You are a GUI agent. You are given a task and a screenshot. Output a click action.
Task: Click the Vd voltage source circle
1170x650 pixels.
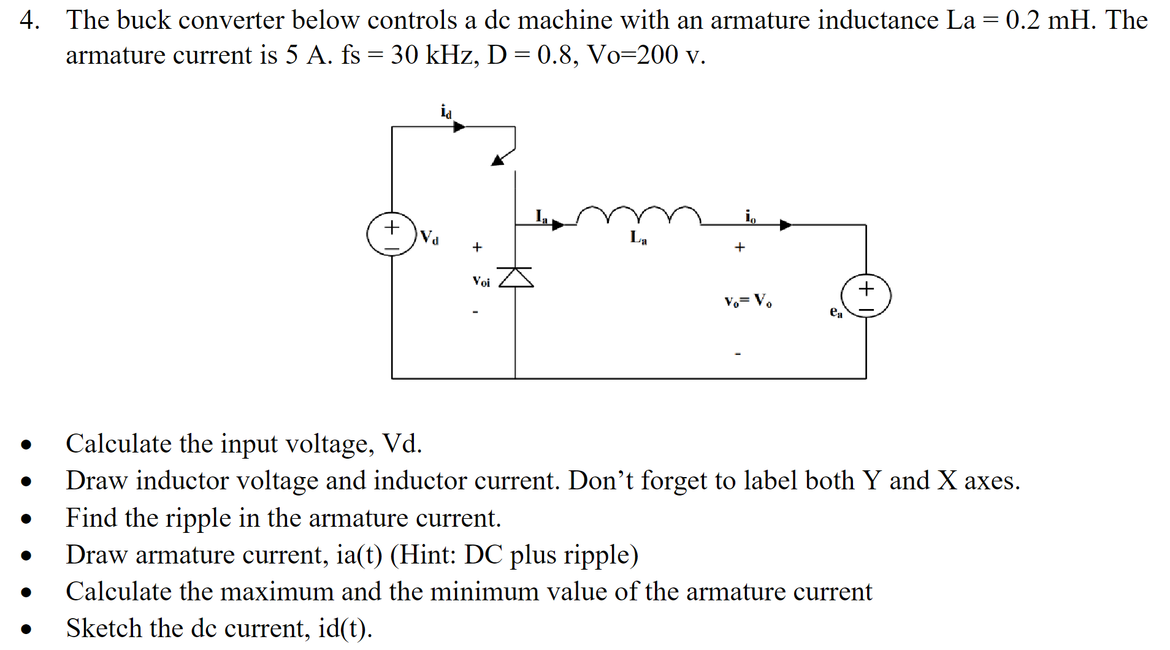[x=392, y=235]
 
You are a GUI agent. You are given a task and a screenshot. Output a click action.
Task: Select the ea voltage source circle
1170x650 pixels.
[x=866, y=296]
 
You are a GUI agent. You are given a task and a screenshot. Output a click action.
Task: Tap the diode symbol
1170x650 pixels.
[x=516, y=278]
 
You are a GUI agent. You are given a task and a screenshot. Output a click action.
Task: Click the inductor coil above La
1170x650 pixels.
[x=638, y=216]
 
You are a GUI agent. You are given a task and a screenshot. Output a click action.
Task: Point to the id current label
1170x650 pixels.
[x=446, y=112]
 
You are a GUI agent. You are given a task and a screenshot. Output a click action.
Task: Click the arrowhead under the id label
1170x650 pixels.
[x=459, y=127]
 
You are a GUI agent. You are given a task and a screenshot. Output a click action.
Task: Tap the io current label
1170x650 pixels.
[x=751, y=216]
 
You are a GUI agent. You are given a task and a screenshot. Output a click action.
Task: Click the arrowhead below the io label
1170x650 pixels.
[x=786, y=225]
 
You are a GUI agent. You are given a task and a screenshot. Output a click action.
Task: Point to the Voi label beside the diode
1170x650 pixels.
[x=481, y=281]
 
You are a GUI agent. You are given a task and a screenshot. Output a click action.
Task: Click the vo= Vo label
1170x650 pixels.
[x=748, y=301]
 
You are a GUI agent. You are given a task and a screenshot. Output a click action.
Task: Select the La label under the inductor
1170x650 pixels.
[x=638, y=237]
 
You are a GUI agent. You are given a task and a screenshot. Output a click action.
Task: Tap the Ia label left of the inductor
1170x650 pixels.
[x=541, y=216]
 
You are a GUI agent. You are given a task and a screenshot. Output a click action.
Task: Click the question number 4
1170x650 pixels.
[x=29, y=20]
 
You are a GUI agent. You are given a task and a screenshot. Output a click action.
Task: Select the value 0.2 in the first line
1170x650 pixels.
[x=1022, y=20]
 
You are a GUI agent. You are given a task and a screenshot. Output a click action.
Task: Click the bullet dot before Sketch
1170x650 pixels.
[x=26, y=629]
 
